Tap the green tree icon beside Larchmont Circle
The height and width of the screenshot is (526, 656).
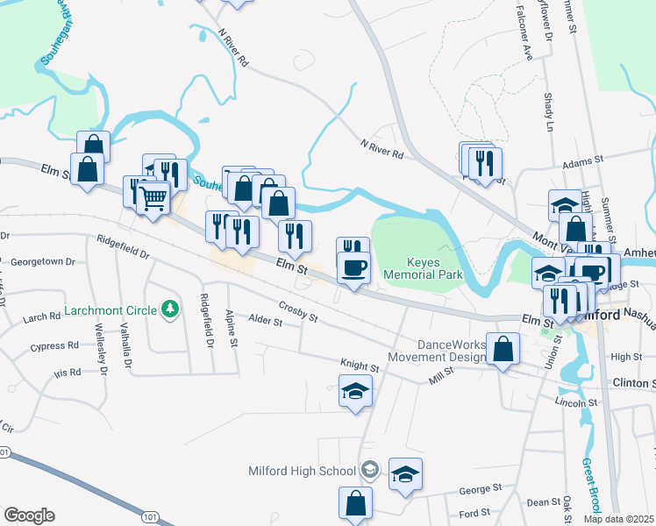tap(171, 309)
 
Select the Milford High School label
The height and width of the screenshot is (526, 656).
tap(301, 471)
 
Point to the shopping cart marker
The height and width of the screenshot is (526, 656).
tap(153, 199)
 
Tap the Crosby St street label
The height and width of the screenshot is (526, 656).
tap(298, 310)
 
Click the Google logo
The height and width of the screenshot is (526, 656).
tap(29, 515)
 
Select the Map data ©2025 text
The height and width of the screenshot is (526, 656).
tap(619, 519)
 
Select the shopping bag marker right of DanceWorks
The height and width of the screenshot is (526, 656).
tap(504, 350)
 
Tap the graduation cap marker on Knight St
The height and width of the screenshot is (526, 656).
tap(355, 392)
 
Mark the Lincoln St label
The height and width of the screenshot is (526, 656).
tap(575, 402)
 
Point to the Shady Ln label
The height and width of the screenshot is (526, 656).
tap(550, 112)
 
